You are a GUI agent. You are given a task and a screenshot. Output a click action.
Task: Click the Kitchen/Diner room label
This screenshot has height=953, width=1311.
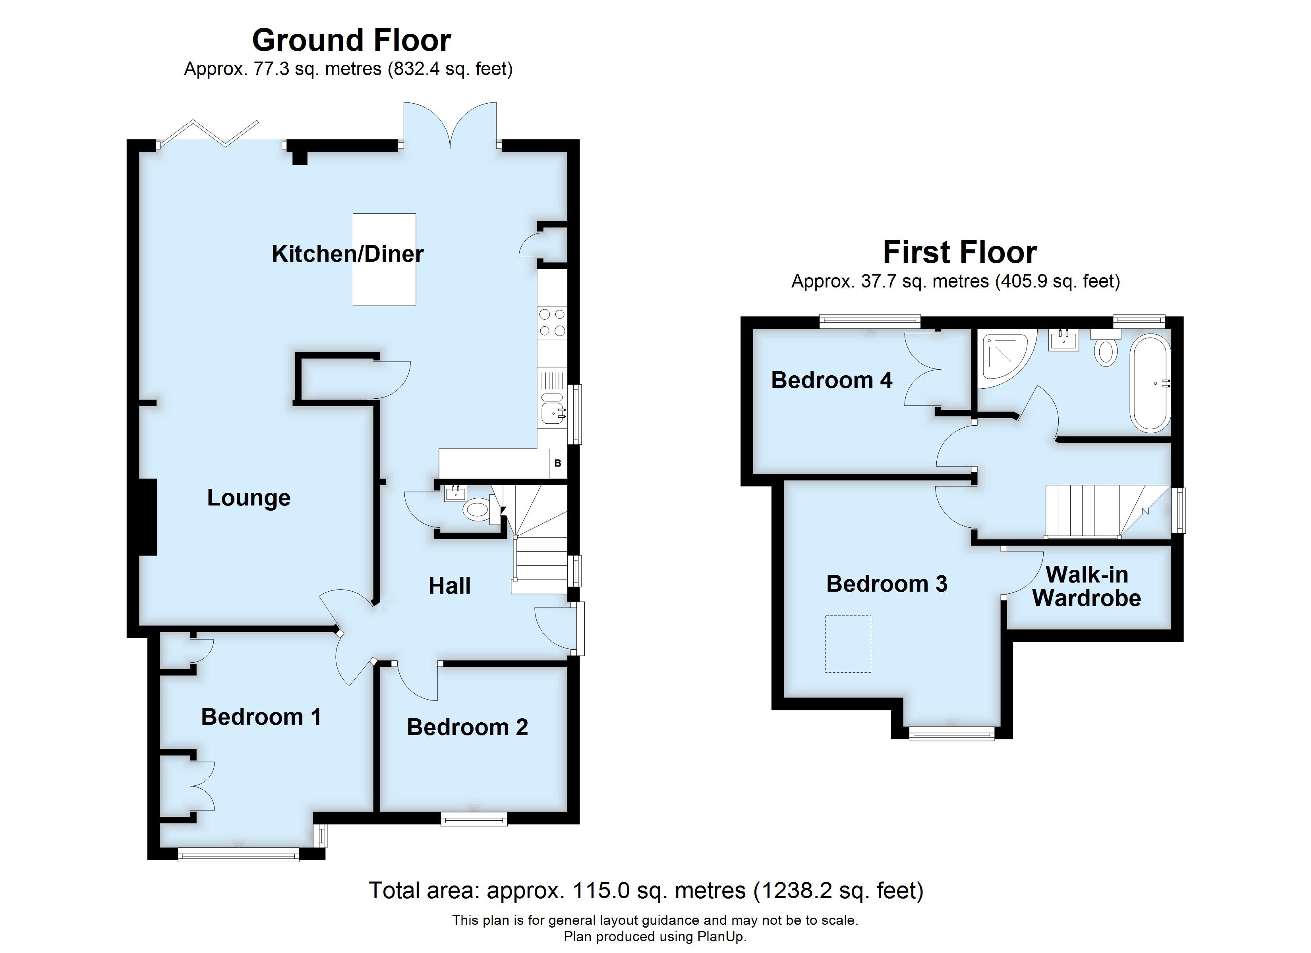pyautogui.click(x=347, y=254)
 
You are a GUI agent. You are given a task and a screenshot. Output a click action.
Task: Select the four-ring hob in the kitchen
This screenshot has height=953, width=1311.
pyautogui.click(x=552, y=322)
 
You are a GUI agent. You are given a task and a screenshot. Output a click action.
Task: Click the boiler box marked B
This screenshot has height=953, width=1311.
pyautogui.click(x=558, y=463)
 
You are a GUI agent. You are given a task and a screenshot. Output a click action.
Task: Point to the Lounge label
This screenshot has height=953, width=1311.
pyautogui.click(x=249, y=498)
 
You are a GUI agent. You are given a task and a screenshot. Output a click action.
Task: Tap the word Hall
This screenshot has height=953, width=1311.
pyautogui.click(x=449, y=586)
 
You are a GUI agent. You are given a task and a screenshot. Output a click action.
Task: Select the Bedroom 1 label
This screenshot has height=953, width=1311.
pyautogui.click(x=261, y=717)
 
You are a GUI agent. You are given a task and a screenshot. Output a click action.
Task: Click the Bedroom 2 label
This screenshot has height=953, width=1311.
pyautogui.click(x=467, y=727)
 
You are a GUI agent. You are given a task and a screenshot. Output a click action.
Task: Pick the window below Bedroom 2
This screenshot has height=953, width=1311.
pyautogui.click(x=474, y=818)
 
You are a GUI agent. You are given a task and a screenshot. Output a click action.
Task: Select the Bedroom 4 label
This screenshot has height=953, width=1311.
pyautogui.click(x=831, y=380)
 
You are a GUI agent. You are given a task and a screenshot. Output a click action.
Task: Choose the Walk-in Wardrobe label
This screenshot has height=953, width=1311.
pyautogui.click(x=1086, y=586)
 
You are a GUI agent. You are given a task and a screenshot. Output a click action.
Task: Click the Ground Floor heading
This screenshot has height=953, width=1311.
pyautogui.click(x=352, y=41)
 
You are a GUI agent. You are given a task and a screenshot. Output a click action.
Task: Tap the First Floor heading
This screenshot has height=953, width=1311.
pyautogui.click(x=959, y=253)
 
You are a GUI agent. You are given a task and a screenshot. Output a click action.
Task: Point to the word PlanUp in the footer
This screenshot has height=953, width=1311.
pyautogui.click(x=721, y=937)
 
